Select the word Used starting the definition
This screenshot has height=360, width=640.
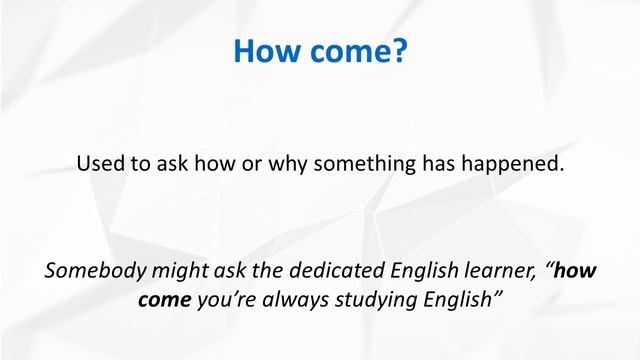98,163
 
